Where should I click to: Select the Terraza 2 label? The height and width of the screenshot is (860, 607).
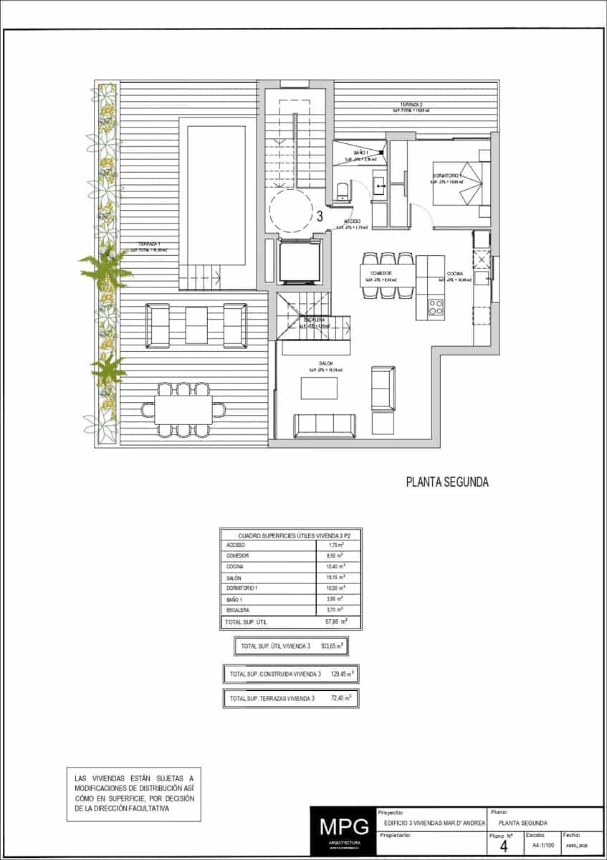click(411, 107)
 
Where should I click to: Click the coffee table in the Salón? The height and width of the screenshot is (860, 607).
click(319, 388)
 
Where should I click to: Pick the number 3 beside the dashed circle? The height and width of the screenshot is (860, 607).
click(320, 214)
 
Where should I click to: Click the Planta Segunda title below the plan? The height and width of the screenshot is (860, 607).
click(447, 482)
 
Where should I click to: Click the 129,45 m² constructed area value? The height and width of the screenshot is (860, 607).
click(343, 674)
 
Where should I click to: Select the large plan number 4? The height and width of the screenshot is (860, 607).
click(503, 846)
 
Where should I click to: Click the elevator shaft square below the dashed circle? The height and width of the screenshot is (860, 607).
click(297, 262)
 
